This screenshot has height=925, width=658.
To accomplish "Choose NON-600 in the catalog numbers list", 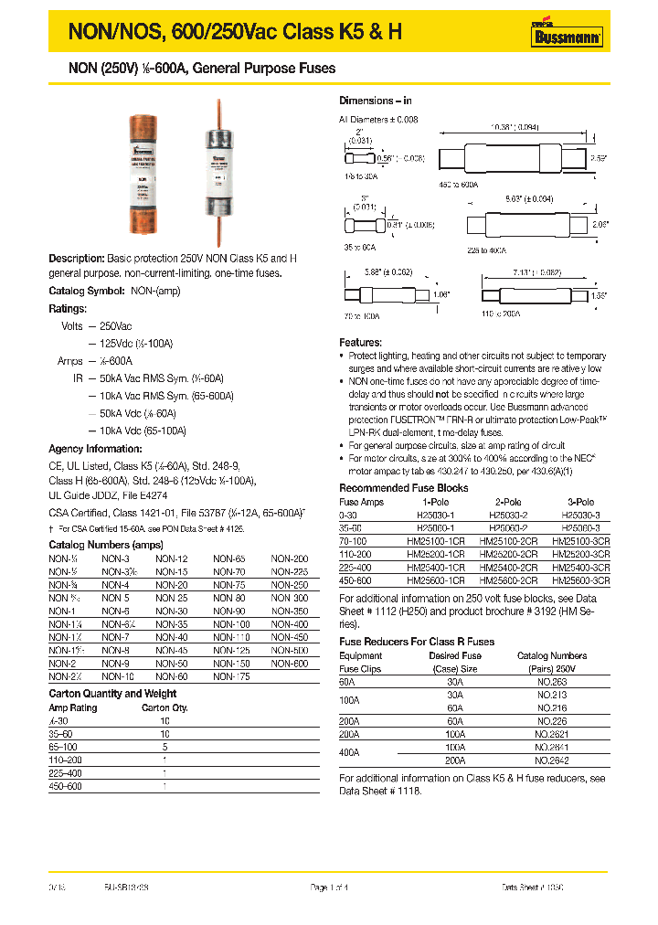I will (289, 663).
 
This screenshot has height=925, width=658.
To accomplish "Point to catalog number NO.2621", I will (552, 733).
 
